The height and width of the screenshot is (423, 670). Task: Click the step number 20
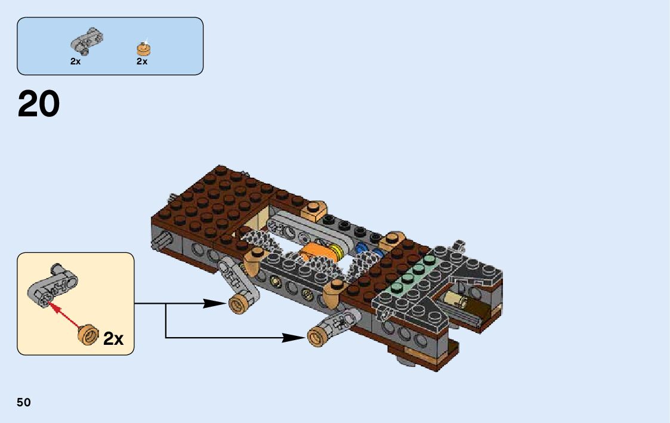pos(39,104)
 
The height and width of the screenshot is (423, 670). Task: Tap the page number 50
pos(24,402)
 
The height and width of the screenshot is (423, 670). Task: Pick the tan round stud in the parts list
pos(143,48)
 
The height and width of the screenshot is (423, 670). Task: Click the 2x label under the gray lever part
pos(75,61)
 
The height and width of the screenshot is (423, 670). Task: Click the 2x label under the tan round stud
pos(142,61)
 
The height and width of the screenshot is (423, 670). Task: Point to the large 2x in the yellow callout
pos(113,338)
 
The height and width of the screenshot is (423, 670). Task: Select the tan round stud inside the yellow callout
pos(89,334)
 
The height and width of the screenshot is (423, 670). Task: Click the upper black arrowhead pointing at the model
pos(214,303)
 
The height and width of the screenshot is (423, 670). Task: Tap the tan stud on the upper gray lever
pos(238,304)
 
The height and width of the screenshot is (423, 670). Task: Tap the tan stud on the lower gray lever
pos(317,336)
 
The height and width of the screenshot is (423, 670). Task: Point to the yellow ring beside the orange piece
pos(335,252)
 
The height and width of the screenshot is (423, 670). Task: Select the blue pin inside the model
pos(362,249)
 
